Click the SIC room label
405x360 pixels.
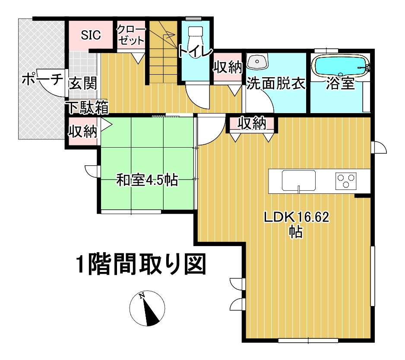(91, 35)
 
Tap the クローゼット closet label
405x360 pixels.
(131, 35)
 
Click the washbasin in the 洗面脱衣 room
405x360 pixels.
(257, 61)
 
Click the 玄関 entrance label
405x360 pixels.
(83, 83)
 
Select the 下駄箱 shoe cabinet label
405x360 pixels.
(88, 107)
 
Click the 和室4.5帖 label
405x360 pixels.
(147, 180)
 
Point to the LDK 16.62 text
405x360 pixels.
(296, 217)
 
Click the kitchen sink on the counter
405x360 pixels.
(299, 180)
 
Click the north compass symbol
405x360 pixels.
(147, 308)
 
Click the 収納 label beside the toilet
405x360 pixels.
(227, 67)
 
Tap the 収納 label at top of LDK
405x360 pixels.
(252, 123)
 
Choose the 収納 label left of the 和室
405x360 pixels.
(82, 131)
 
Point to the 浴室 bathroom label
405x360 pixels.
(340, 83)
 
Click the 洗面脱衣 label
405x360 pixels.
(276, 83)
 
